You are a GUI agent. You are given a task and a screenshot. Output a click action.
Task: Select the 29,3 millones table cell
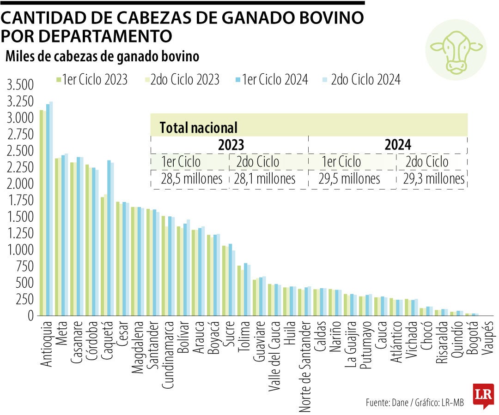(432, 179)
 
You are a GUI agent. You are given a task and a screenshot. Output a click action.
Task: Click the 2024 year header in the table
(397, 145)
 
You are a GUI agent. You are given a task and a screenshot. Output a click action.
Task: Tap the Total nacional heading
(198, 128)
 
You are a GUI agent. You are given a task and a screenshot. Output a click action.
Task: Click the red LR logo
(483, 395)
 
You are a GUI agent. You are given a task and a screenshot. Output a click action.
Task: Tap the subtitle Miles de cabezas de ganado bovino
(102, 56)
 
